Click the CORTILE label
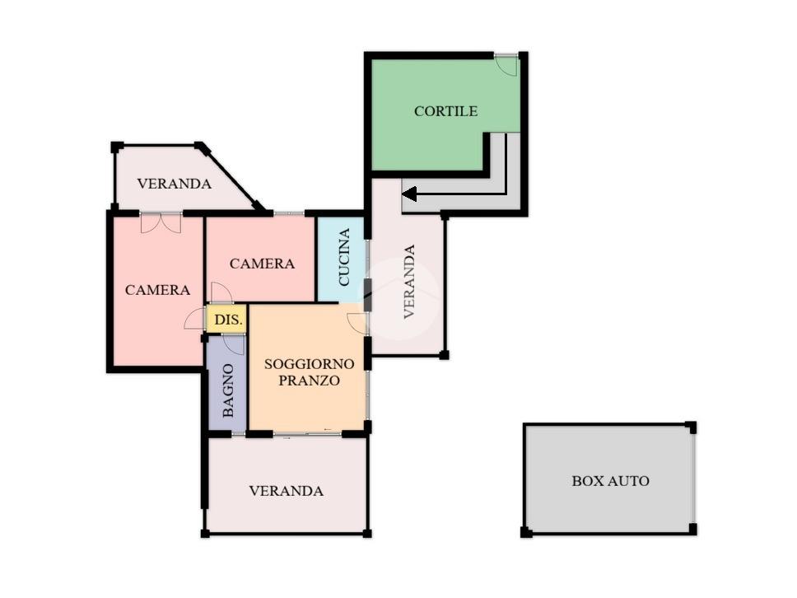[x=445, y=111]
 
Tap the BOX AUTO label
[x=610, y=480]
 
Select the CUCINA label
[x=344, y=257]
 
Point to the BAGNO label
[x=228, y=390]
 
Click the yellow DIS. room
[x=226, y=319]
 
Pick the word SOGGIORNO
[x=309, y=364]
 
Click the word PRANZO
[x=309, y=381]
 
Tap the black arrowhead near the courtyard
[x=409, y=194]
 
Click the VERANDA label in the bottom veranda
[x=287, y=491]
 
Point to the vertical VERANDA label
[x=409, y=282]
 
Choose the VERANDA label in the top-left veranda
[x=174, y=184]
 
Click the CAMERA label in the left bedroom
[x=157, y=290]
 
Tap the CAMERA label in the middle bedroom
[x=262, y=264]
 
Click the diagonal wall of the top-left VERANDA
[x=231, y=176]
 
